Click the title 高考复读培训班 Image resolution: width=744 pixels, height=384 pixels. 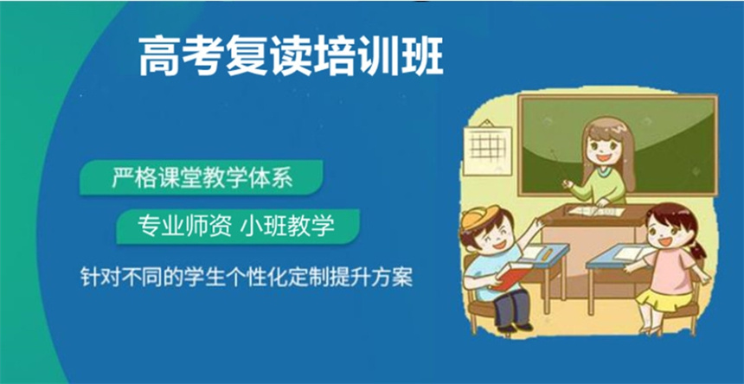[291, 57]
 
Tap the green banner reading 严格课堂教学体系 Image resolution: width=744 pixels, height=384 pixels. [202, 178]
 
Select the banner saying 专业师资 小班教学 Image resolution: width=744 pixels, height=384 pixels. [238, 227]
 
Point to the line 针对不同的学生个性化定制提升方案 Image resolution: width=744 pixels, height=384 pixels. [247, 278]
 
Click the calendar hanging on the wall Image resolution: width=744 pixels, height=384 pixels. [487, 147]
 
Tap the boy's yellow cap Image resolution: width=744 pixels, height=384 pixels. [481, 217]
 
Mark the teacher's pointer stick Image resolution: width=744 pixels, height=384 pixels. [559, 165]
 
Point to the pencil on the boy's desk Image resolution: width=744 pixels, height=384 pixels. [546, 253]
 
